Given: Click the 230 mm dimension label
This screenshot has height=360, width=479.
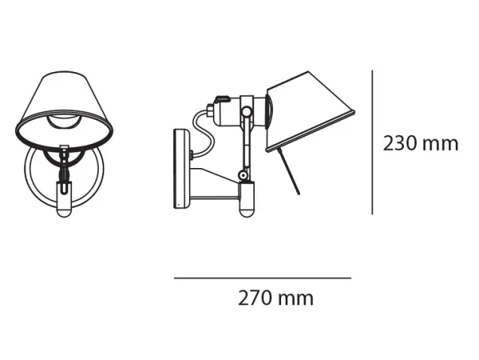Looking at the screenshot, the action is pyautogui.click(x=421, y=144).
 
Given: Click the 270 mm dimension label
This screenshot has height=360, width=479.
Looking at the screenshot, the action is pyautogui.click(x=276, y=298).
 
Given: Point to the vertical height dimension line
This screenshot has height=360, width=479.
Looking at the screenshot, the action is pyautogui.click(x=372, y=142).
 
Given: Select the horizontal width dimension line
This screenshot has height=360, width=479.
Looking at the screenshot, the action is pyautogui.click(x=262, y=278).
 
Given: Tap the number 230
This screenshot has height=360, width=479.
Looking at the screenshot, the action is pyautogui.click(x=400, y=144).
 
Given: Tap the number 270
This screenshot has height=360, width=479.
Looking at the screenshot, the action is pyautogui.click(x=254, y=298).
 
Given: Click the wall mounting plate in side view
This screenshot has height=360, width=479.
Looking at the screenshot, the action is pyautogui.click(x=182, y=169).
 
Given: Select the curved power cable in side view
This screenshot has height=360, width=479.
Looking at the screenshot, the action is pyautogui.click(x=203, y=134).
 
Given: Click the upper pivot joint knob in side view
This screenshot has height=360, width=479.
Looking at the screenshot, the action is pyautogui.click(x=247, y=112).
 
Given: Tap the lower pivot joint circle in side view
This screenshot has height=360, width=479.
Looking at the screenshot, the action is pyautogui.click(x=243, y=175).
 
